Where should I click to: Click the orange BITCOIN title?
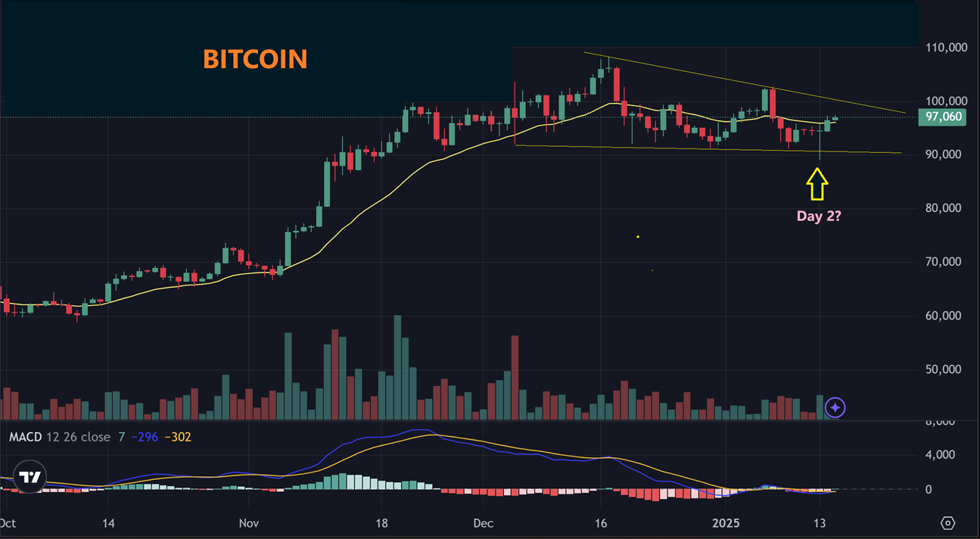click(x=255, y=59)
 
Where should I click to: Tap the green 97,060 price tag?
click(x=941, y=117)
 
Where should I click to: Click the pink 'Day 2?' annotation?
click(x=819, y=216)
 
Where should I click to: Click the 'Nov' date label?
click(x=248, y=523)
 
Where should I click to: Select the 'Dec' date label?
click(x=483, y=523)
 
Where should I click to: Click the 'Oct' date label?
click(x=8, y=523)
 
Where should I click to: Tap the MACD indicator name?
click(x=24, y=438)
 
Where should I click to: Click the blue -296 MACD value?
click(x=145, y=438)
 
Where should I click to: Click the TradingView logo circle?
click(x=30, y=477)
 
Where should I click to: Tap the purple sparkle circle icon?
click(x=835, y=408)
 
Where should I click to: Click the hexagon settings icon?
click(x=947, y=523)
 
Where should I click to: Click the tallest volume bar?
click(x=397, y=367)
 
